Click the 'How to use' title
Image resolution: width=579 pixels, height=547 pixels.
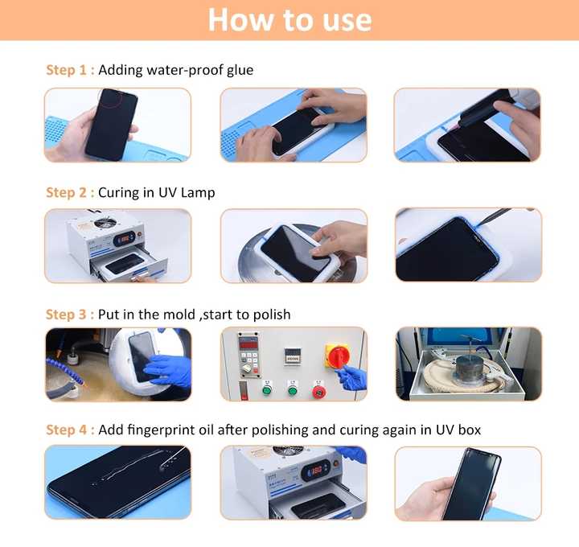point(289,20)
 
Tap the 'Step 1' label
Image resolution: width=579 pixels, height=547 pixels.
point(66,70)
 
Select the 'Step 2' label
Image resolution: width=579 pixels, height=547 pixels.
point(66,192)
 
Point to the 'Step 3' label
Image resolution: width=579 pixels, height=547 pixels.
point(66,315)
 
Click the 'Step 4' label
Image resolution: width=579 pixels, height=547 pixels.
point(66,430)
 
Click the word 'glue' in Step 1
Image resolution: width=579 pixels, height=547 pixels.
point(240,70)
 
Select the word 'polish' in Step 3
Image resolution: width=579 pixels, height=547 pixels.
point(273,315)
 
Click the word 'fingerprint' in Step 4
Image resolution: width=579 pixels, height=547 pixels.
point(170,430)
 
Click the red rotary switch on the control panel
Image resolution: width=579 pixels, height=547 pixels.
point(337,356)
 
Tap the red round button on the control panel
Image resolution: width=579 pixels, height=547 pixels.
point(318,391)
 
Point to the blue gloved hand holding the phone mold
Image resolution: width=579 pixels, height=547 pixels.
point(169,369)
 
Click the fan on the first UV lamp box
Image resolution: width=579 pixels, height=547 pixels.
point(105,223)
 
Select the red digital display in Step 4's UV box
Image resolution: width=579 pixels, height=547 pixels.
point(317,471)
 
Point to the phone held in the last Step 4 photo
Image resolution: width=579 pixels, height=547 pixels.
point(471,483)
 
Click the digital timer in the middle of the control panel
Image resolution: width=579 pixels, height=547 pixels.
point(292,357)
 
